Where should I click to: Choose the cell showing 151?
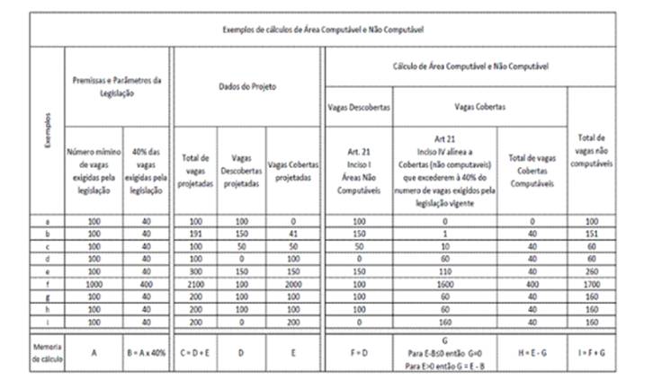tap(600, 234)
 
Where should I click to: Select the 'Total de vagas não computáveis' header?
tap(600, 146)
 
